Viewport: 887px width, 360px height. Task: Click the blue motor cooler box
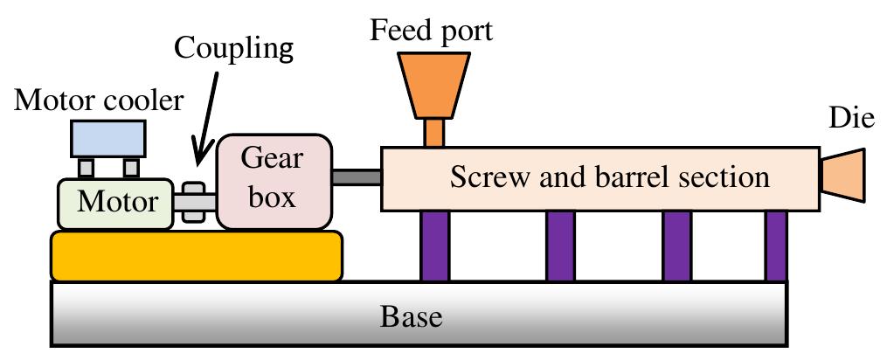point(109,138)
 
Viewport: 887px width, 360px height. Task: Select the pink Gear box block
point(274,181)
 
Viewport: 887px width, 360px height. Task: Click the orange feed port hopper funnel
point(434,84)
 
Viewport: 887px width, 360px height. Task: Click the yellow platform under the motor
point(197,256)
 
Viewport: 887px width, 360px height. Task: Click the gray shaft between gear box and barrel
point(357,177)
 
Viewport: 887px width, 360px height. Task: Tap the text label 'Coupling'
point(235,48)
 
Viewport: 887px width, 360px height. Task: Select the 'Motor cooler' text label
point(100,100)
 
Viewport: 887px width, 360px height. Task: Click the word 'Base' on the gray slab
point(411,315)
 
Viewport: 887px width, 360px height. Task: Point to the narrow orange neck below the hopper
point(434,133)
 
